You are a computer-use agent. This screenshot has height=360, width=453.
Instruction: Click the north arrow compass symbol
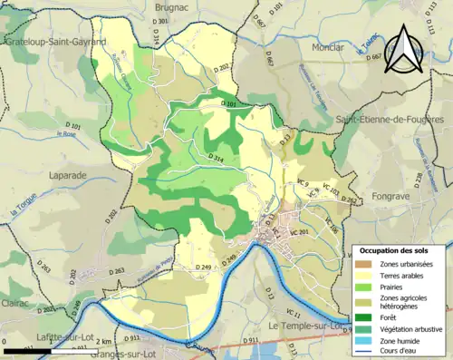point(401,50)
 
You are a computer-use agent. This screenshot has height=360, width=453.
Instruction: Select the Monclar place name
point(325,46)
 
